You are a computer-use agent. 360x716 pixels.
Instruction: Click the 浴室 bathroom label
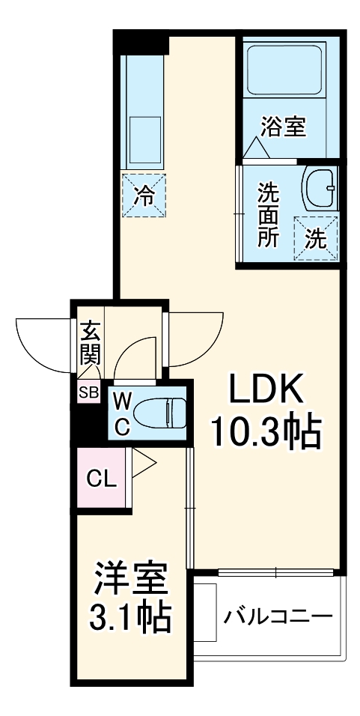[283, 127]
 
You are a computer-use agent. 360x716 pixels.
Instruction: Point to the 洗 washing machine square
[316, 238]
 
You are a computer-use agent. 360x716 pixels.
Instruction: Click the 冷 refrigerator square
[144, 196]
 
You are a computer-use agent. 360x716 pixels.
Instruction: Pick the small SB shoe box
[88, 392]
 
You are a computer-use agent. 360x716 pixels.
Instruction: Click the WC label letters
[123, 414]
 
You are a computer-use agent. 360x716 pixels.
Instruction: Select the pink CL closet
[102, 478]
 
